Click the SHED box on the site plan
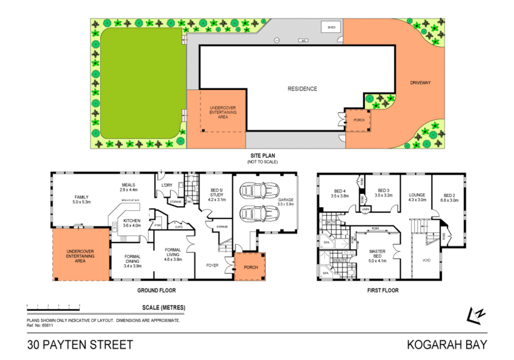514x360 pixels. (331, 27)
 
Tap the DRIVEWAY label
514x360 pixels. (420, 83)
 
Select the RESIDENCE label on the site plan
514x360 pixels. (302, 89)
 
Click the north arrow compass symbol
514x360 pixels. (476, 315)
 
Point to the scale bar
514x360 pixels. (53, 310)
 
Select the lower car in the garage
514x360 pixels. (259, 214)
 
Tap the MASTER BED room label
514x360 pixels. (377, 256)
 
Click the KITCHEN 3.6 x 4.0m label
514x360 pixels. (132, 223)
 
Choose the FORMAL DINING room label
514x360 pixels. (132, 261)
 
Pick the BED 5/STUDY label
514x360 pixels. (217, 195)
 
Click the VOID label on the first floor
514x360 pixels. (426, 260)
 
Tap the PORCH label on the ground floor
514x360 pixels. (251, 267)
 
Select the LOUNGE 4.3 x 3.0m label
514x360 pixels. (417, 197)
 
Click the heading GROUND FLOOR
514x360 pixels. (156, 290)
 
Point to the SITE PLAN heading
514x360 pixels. (262, 156)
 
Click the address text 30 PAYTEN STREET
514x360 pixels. (80, 345)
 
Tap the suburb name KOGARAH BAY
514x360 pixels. (447, 345)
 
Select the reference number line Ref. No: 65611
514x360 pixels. (40, 325)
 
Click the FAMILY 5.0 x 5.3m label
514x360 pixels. (82, 199)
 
